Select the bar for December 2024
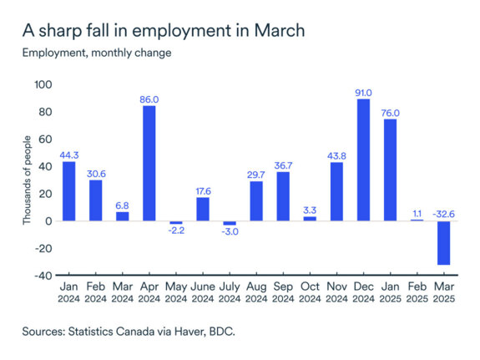pos(363,160)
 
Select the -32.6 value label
pos(444,214)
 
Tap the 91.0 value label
pos(363,92)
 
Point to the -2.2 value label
pos(175,231)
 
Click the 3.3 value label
pos(310,210)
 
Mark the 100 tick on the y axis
pos(43,85)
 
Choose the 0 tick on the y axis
pos(48,221)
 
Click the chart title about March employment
pos(163,31)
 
